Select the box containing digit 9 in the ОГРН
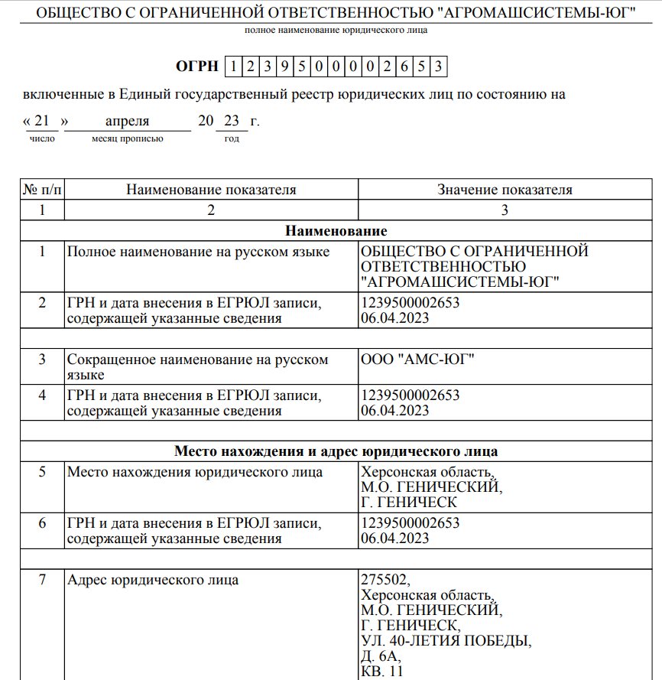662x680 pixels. tap(283, 66)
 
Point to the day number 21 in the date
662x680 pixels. tap(46, 122)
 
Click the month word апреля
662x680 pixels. tap(127, 122)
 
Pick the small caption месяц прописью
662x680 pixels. tap(127, 138)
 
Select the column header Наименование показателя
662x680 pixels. tap(211, 190)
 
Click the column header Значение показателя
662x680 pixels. tap(505, 190)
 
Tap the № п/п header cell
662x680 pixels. tap(42, 190)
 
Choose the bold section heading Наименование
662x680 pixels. tap(336, 230)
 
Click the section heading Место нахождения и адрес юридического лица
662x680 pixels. tap(336, 451)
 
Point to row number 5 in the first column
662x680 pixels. tap(42, 472)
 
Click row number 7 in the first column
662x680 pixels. tap(42, 579)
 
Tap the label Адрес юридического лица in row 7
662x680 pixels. tap(153, 579)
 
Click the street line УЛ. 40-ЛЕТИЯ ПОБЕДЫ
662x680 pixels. tap(445, 640)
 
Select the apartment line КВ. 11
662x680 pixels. tap(381, 671)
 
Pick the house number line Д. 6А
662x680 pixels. tap(380, 656)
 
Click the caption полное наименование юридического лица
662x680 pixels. tap(336, 30)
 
